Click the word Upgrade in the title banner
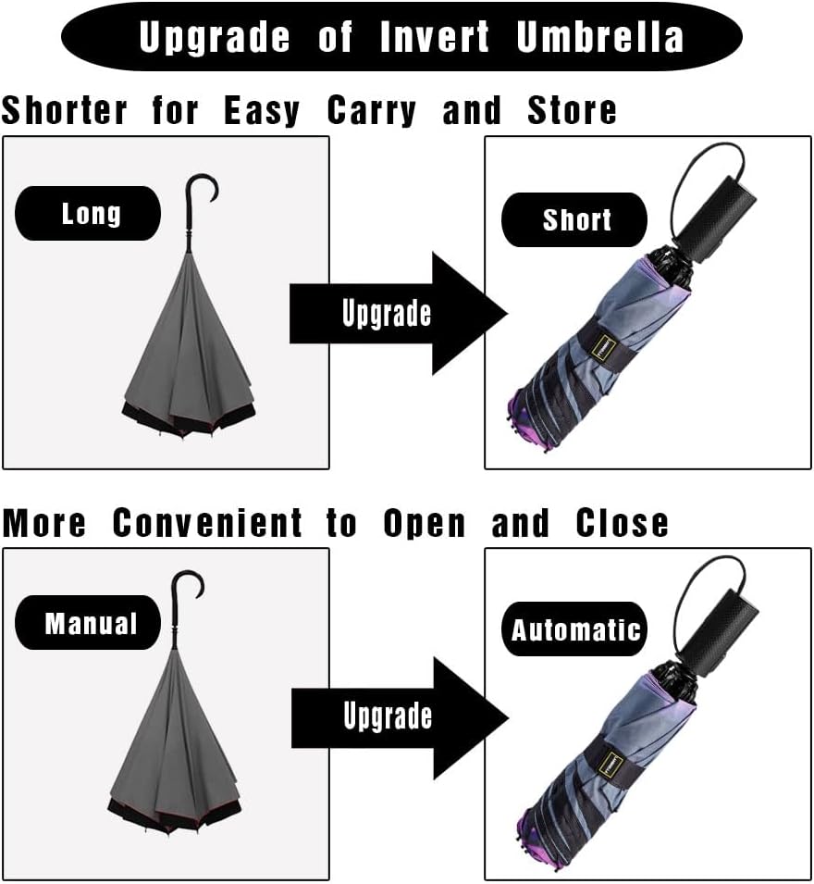[x=214, y=37]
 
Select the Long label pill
[x=90, y=214]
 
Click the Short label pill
[x=576, y=219]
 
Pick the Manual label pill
[x=91, y=623]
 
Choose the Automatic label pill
[x=575, y=630]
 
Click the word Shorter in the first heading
[x=64, y=111]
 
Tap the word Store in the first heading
[x=572, y=111]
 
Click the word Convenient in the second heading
[x=207, y=524]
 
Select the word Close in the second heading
[x=622, y=524]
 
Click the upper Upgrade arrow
[x=398, y=313]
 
